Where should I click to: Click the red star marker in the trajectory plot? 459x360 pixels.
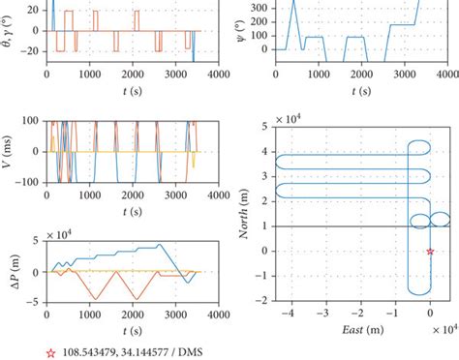click(431, 251)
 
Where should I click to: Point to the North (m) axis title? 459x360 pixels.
click(240, 214)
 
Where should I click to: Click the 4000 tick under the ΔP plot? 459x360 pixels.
click(219, 315)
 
